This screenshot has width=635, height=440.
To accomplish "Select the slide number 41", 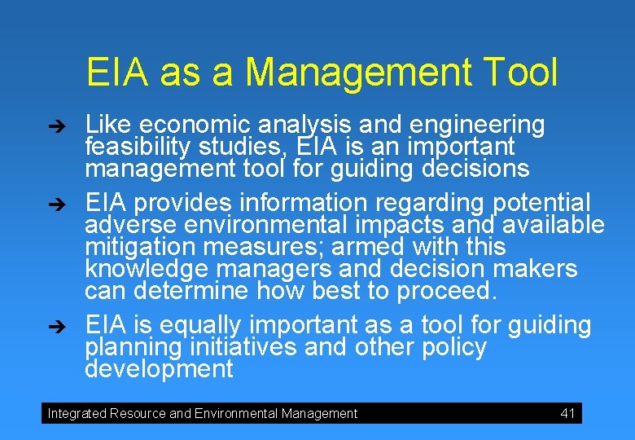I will [567, 413].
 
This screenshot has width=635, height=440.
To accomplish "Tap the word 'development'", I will [159, 369].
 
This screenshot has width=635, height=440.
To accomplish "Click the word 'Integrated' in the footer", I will [77, 413].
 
